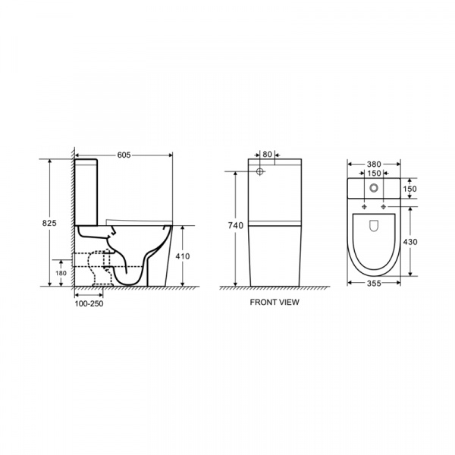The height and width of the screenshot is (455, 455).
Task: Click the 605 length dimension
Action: coord(124,155)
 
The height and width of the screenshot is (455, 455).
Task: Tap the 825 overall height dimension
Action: coord(49,223)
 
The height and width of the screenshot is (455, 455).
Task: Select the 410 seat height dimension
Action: coord(183,256)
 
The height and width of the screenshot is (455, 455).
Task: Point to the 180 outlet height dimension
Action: coord(61,273)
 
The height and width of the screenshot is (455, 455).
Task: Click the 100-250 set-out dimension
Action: coord(89,304)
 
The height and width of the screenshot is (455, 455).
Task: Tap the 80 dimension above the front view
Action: coord(267,155)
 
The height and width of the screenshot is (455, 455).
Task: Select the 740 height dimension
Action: coord(235,225)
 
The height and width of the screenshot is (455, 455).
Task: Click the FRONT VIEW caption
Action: coord(275,302)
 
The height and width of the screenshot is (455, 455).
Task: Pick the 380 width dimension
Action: coord(374,165)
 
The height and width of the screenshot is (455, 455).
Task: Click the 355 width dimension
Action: coord(374,283)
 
